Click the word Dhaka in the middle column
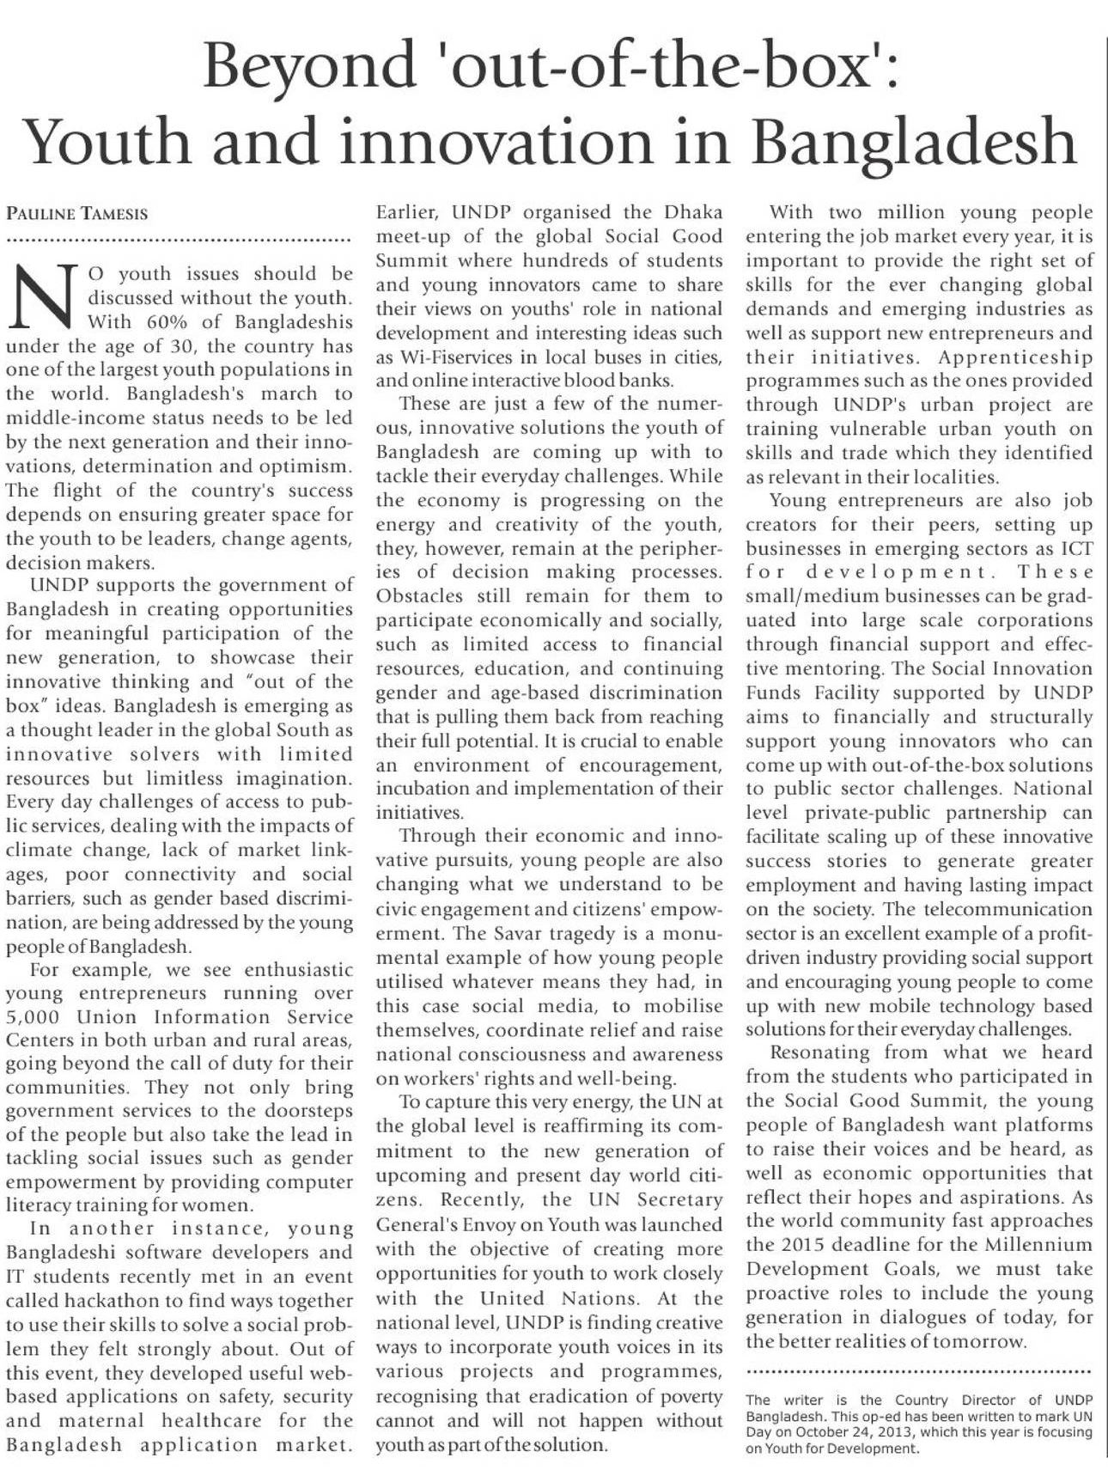[x=693, y=212]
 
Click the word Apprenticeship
[x=1014, y=357]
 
